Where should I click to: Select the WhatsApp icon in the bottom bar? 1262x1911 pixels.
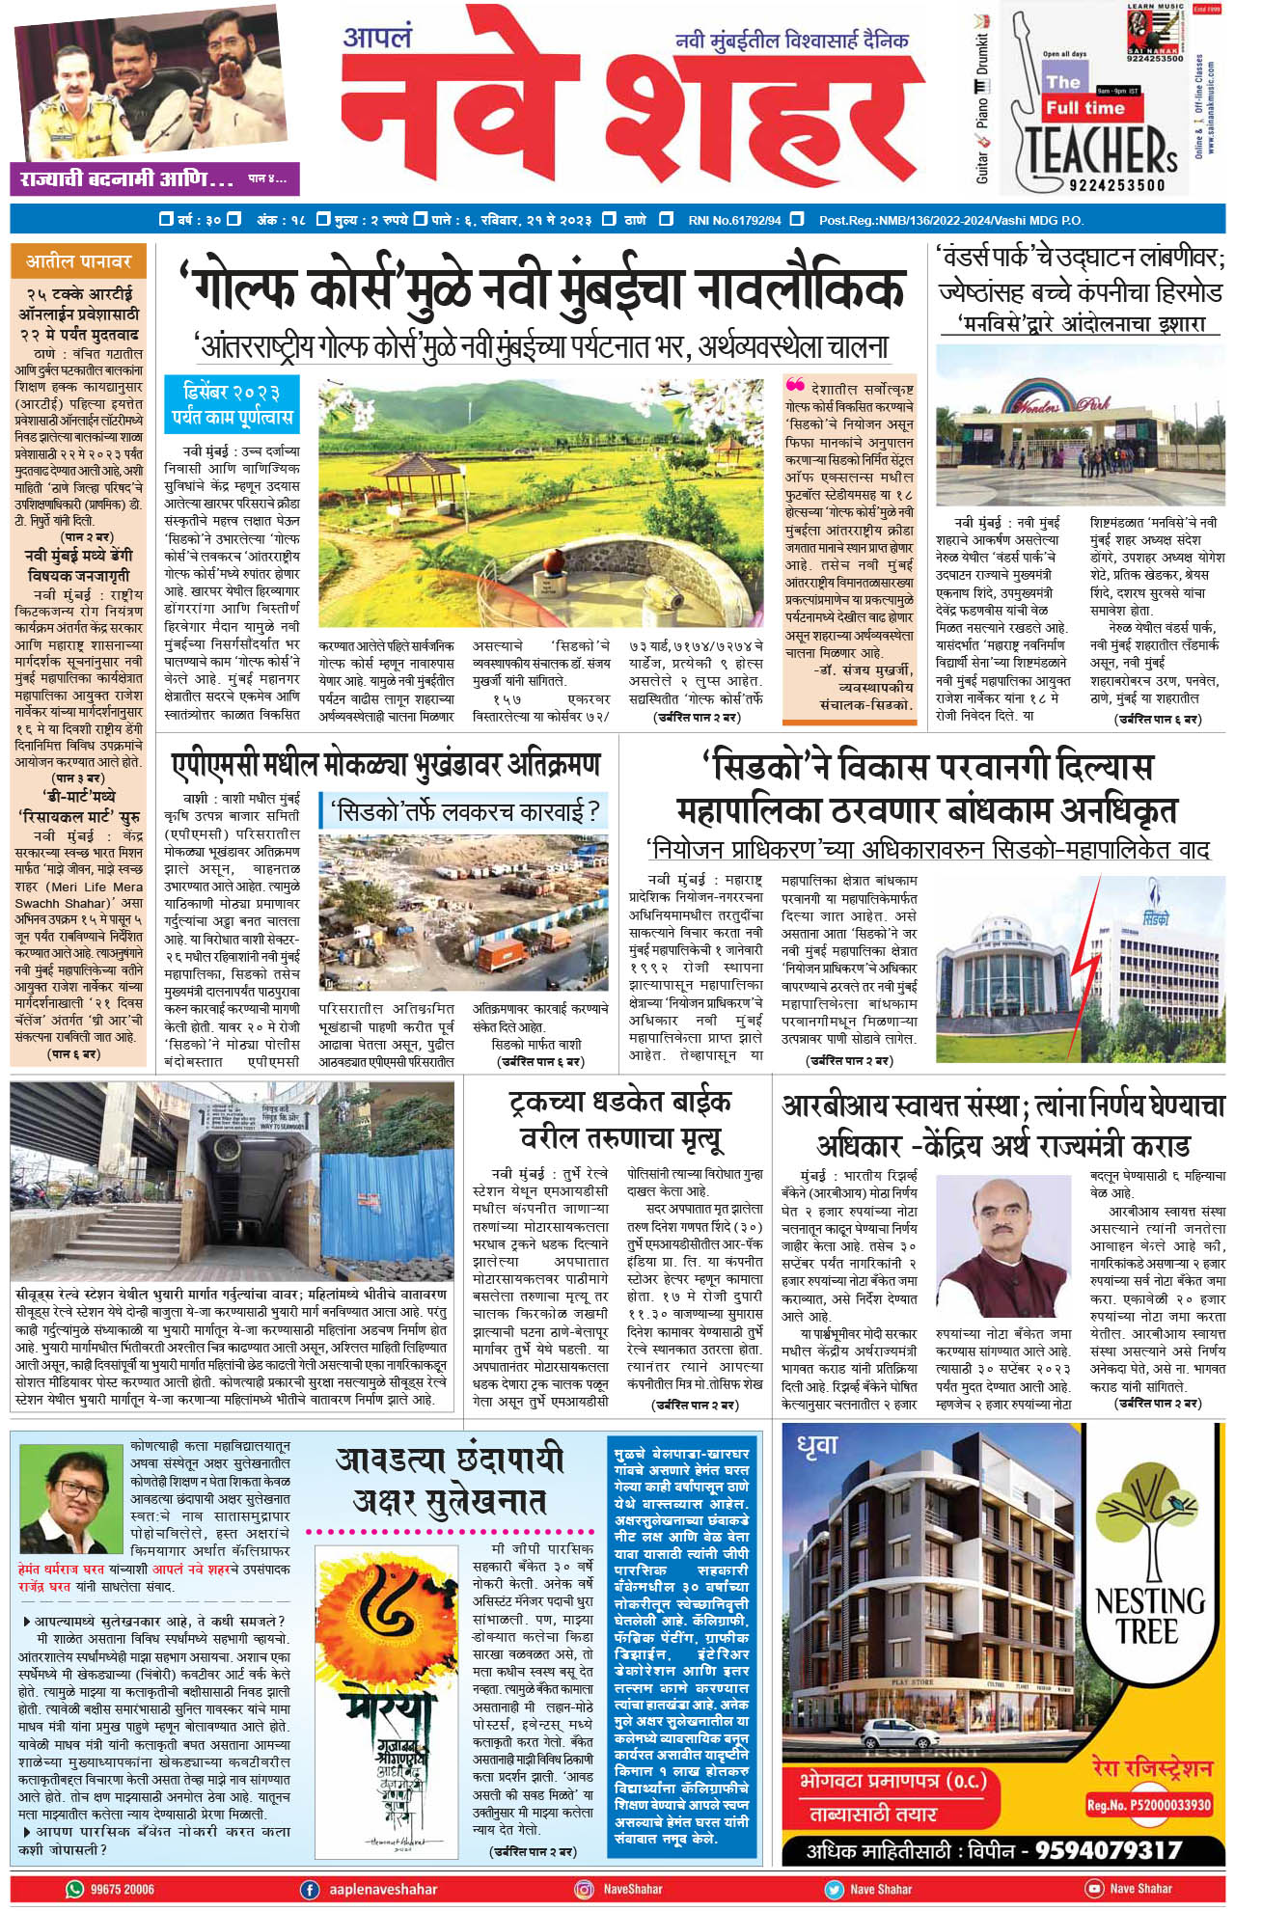click(74, 1889)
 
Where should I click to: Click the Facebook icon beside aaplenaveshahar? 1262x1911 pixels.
click(311, 1889)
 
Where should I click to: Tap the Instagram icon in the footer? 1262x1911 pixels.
click(584, 1889)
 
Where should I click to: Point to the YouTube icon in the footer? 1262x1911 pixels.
click(1093, 1889)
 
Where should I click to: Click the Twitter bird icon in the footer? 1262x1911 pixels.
click(833, 1889)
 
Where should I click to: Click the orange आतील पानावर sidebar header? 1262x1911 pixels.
click(78, 260)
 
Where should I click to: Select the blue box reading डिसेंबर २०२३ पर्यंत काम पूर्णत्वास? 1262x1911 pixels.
click(232, 404)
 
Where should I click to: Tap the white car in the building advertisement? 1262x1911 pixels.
click(891, 1730)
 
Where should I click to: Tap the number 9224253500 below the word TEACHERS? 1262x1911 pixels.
click(1116, 184)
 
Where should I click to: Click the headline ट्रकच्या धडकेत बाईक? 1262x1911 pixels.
click(619, 1101)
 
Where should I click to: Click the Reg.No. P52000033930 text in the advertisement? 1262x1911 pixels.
click(1148, 1805)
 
